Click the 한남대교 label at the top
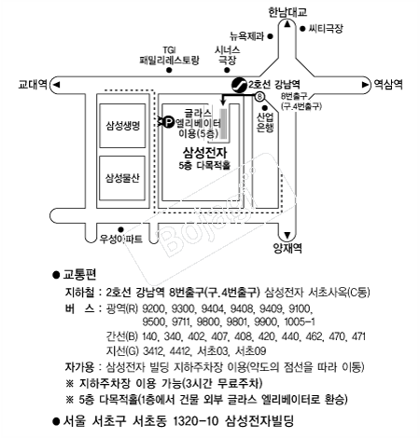287,12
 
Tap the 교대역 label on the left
33,84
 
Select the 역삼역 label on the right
388,84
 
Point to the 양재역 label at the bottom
287,248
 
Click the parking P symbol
168,121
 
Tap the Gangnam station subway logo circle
239,85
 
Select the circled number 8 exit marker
259,97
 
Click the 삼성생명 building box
122,126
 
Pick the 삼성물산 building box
122,178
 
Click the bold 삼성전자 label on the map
204,153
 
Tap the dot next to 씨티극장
302,29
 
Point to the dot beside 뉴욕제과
271,36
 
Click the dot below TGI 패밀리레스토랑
169,70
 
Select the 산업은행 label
265,123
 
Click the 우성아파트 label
120,239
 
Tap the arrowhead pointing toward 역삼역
365,85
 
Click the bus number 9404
213,308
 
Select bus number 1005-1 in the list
300,322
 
